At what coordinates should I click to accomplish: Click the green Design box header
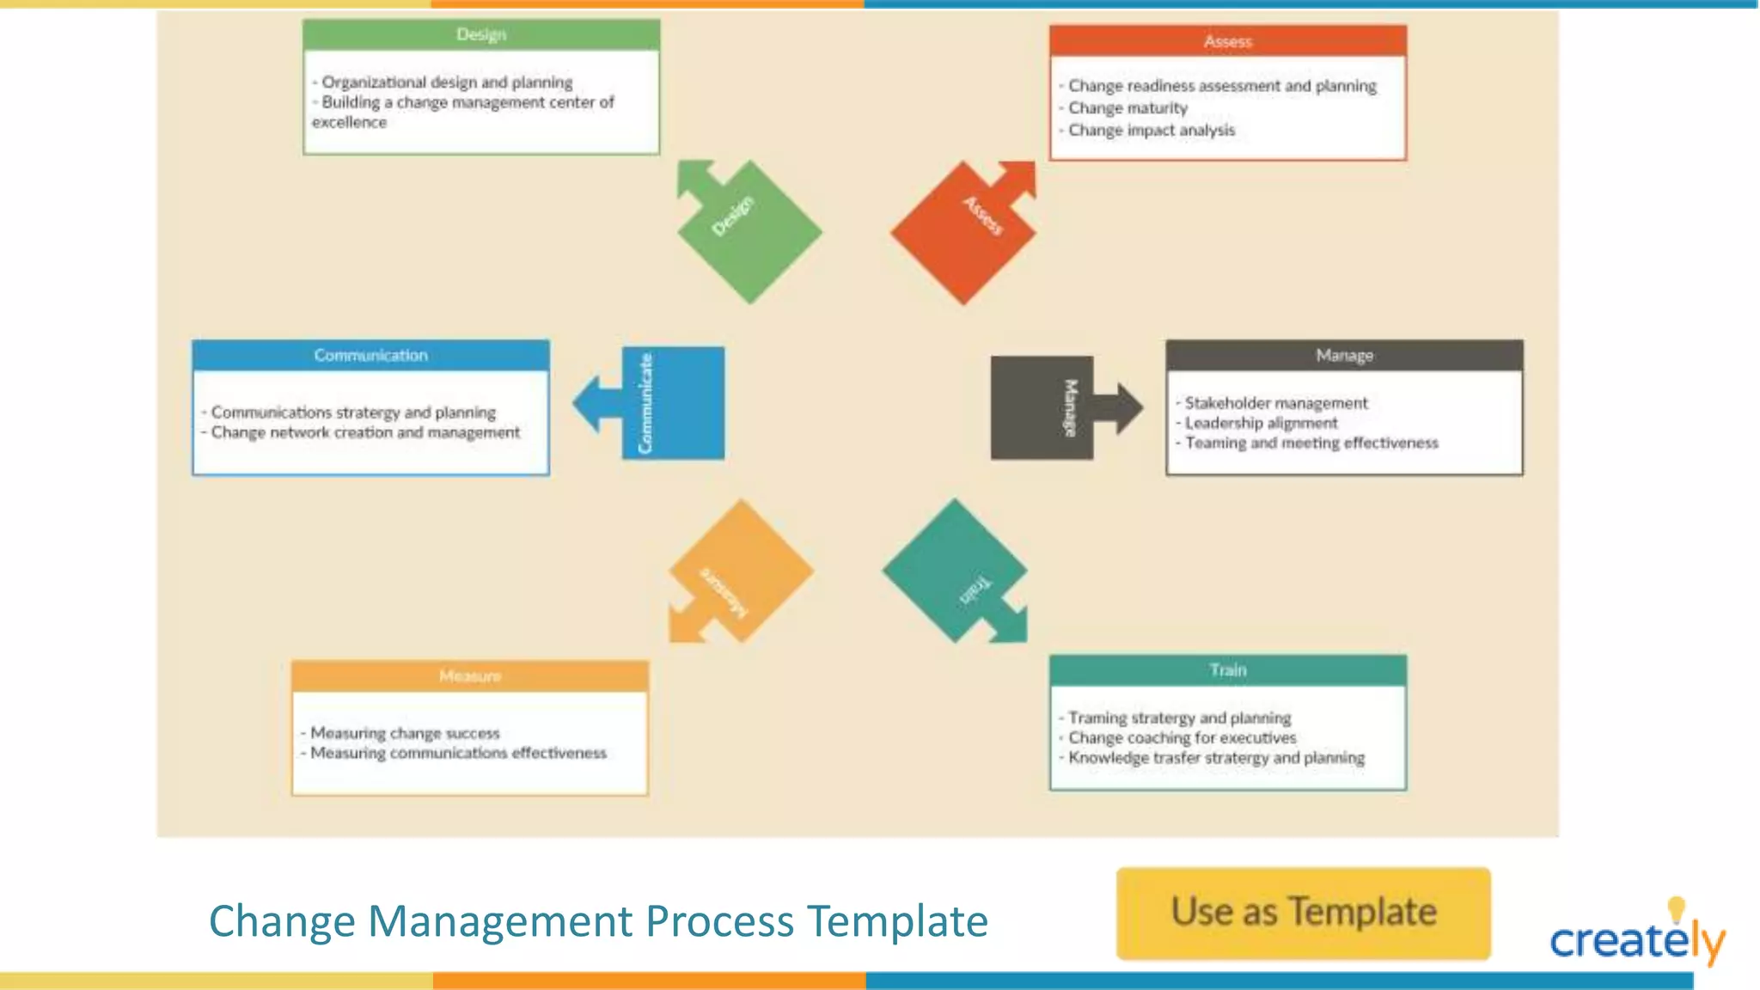pyautogui.click(x=481, y=35)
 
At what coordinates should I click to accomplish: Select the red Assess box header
pyautogui.click(x=1227, y=41)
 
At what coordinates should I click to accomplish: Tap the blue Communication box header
pyautogui.click(x=370, y=356)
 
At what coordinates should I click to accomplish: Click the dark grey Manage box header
pyautogui.click(x=1344, y=356)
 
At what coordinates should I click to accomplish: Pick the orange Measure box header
pyautogui.click(x=469, y=676)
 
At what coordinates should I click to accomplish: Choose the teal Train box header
pyautogui.click(x=1227, y=670)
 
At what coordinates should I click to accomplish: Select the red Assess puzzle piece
pyautogui.click(x=962, y=232)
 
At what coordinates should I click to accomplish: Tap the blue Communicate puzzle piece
pyautogui.click(x=672, y=403)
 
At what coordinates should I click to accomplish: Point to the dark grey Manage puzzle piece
pyautogui.click(x=1042, y=407)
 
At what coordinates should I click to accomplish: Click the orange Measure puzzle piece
pyautogui.click(x=741, y=571)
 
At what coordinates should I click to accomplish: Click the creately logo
pyautogui.click(x=1636, y=937)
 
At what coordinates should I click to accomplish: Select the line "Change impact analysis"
pyautogui.click(x=1152, y=131)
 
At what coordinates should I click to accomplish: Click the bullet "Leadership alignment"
pyautogui.click(x=1261, y=423)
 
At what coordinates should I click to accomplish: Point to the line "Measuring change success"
pyautogui.click(x=405, y=733)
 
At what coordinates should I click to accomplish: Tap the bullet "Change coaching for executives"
pyautogui.click(x=1182, y=738)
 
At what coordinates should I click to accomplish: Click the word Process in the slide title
pyautogui.click(x=720, y=921)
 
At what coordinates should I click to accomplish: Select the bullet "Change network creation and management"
pyautogui.click(x=365, y=432)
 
